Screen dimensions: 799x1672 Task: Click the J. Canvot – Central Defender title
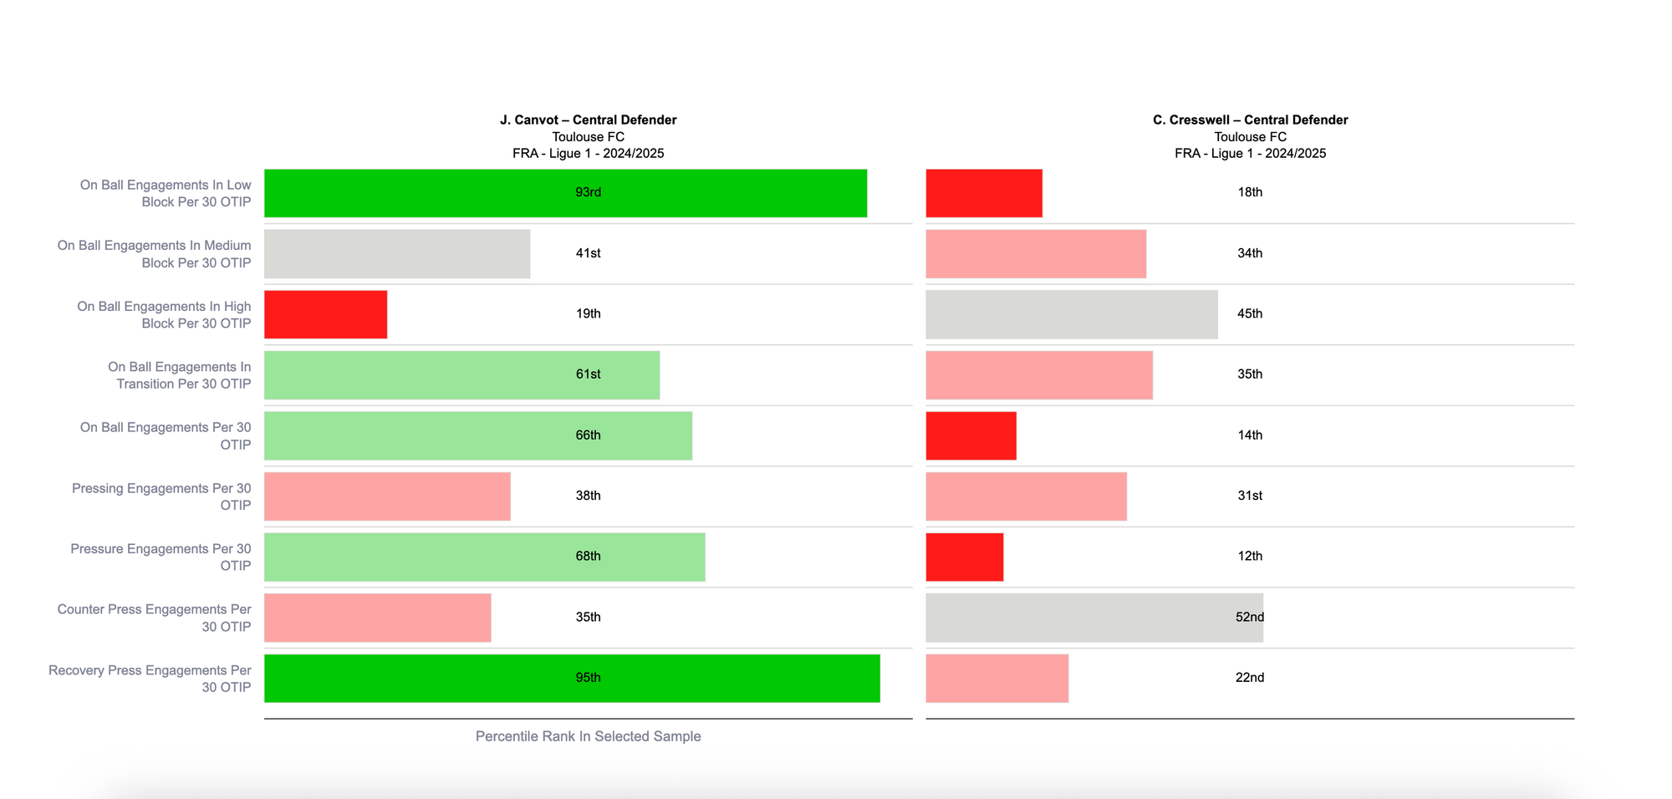[x=588, y=120]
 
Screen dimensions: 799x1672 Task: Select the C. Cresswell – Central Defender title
[x=1250, y=120]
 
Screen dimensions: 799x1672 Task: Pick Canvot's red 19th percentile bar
[x=325, y=314]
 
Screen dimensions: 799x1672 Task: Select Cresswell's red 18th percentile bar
[x=984, y=193]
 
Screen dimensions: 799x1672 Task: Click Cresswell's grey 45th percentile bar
[x=1071, y=314]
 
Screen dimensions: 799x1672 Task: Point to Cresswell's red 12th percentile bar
[x=964, y=557]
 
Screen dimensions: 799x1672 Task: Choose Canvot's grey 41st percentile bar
[x=396, y=253]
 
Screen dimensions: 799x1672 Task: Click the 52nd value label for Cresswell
[x=1250, y=617]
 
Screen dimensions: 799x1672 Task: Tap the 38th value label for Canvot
[x=588, y=496]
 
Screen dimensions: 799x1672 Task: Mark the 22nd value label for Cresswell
[x=1250, y=678]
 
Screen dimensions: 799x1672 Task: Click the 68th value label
[x=588, y=556]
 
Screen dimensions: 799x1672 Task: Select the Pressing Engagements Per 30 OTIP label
[x=161, y=496]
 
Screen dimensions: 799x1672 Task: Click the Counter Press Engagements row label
[x=154, y=618]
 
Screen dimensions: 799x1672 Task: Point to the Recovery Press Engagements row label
[x=150, y=679]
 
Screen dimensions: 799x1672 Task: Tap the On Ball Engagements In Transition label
[x=180, y=375]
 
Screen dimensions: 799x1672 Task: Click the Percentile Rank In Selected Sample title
[x=588, y=736]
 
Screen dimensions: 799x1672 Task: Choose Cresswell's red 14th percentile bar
[x=971, y=435]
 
